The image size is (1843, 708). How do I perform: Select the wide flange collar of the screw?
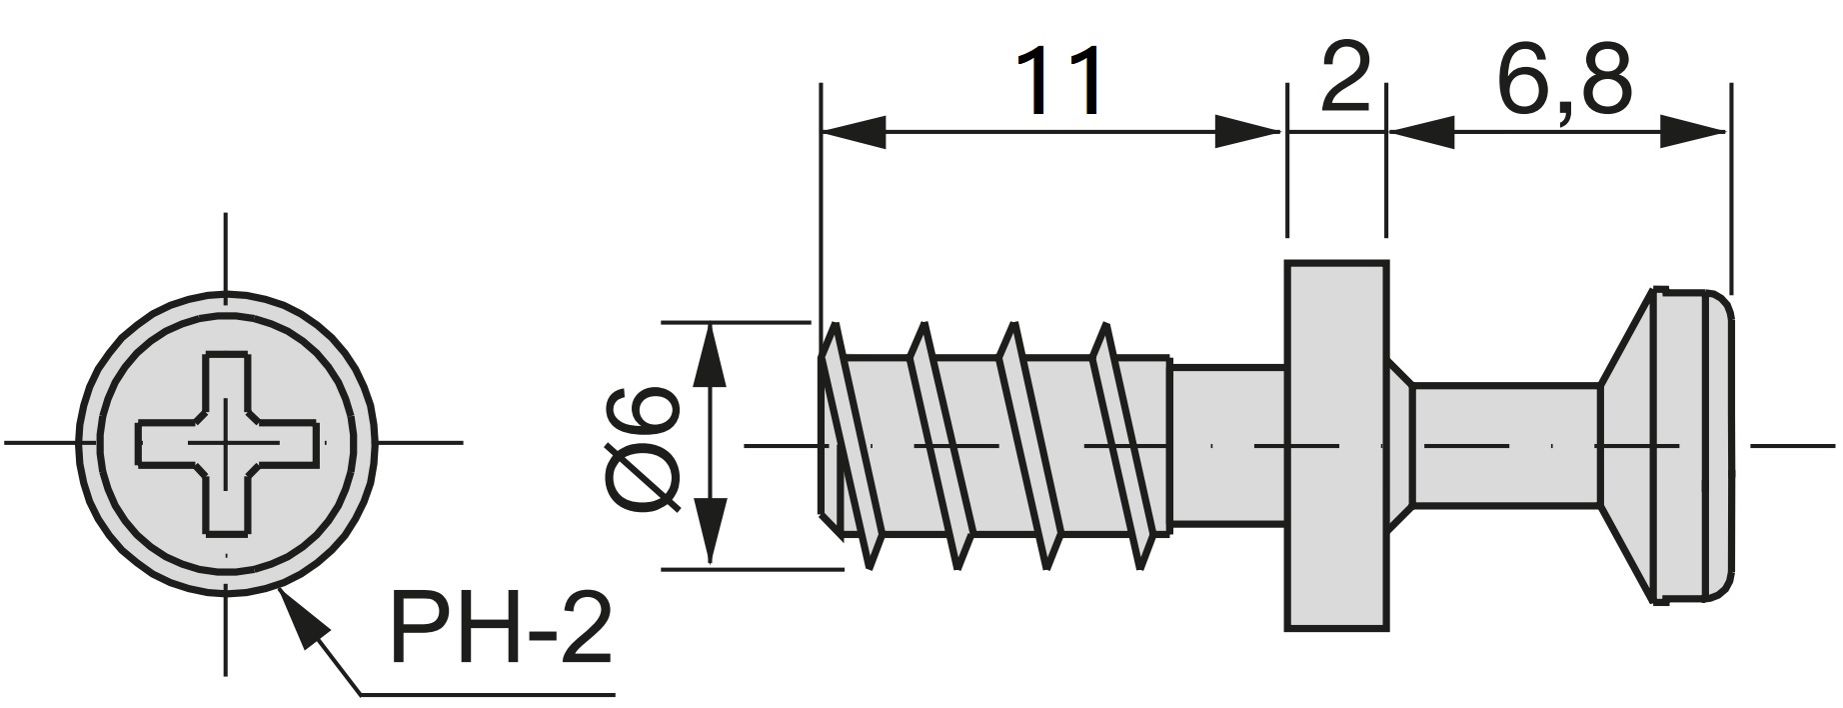pyautogui.click(x=1336, y=446)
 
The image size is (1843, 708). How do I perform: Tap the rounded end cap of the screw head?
pyautogui.click(x=1699, y=446)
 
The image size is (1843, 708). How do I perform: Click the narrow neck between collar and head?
pyautogui.click(x=1504, y=444)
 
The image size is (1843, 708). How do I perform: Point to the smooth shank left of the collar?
pyautogui.click(x=1226, y=444)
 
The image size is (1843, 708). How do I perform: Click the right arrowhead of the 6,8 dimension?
pyautogui.click(x=1694, y=132)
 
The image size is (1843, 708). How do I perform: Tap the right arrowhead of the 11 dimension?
pyautogui.click(x=1247, y=132)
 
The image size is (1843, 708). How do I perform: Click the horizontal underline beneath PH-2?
pyautogui.click(x=485, y=694)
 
